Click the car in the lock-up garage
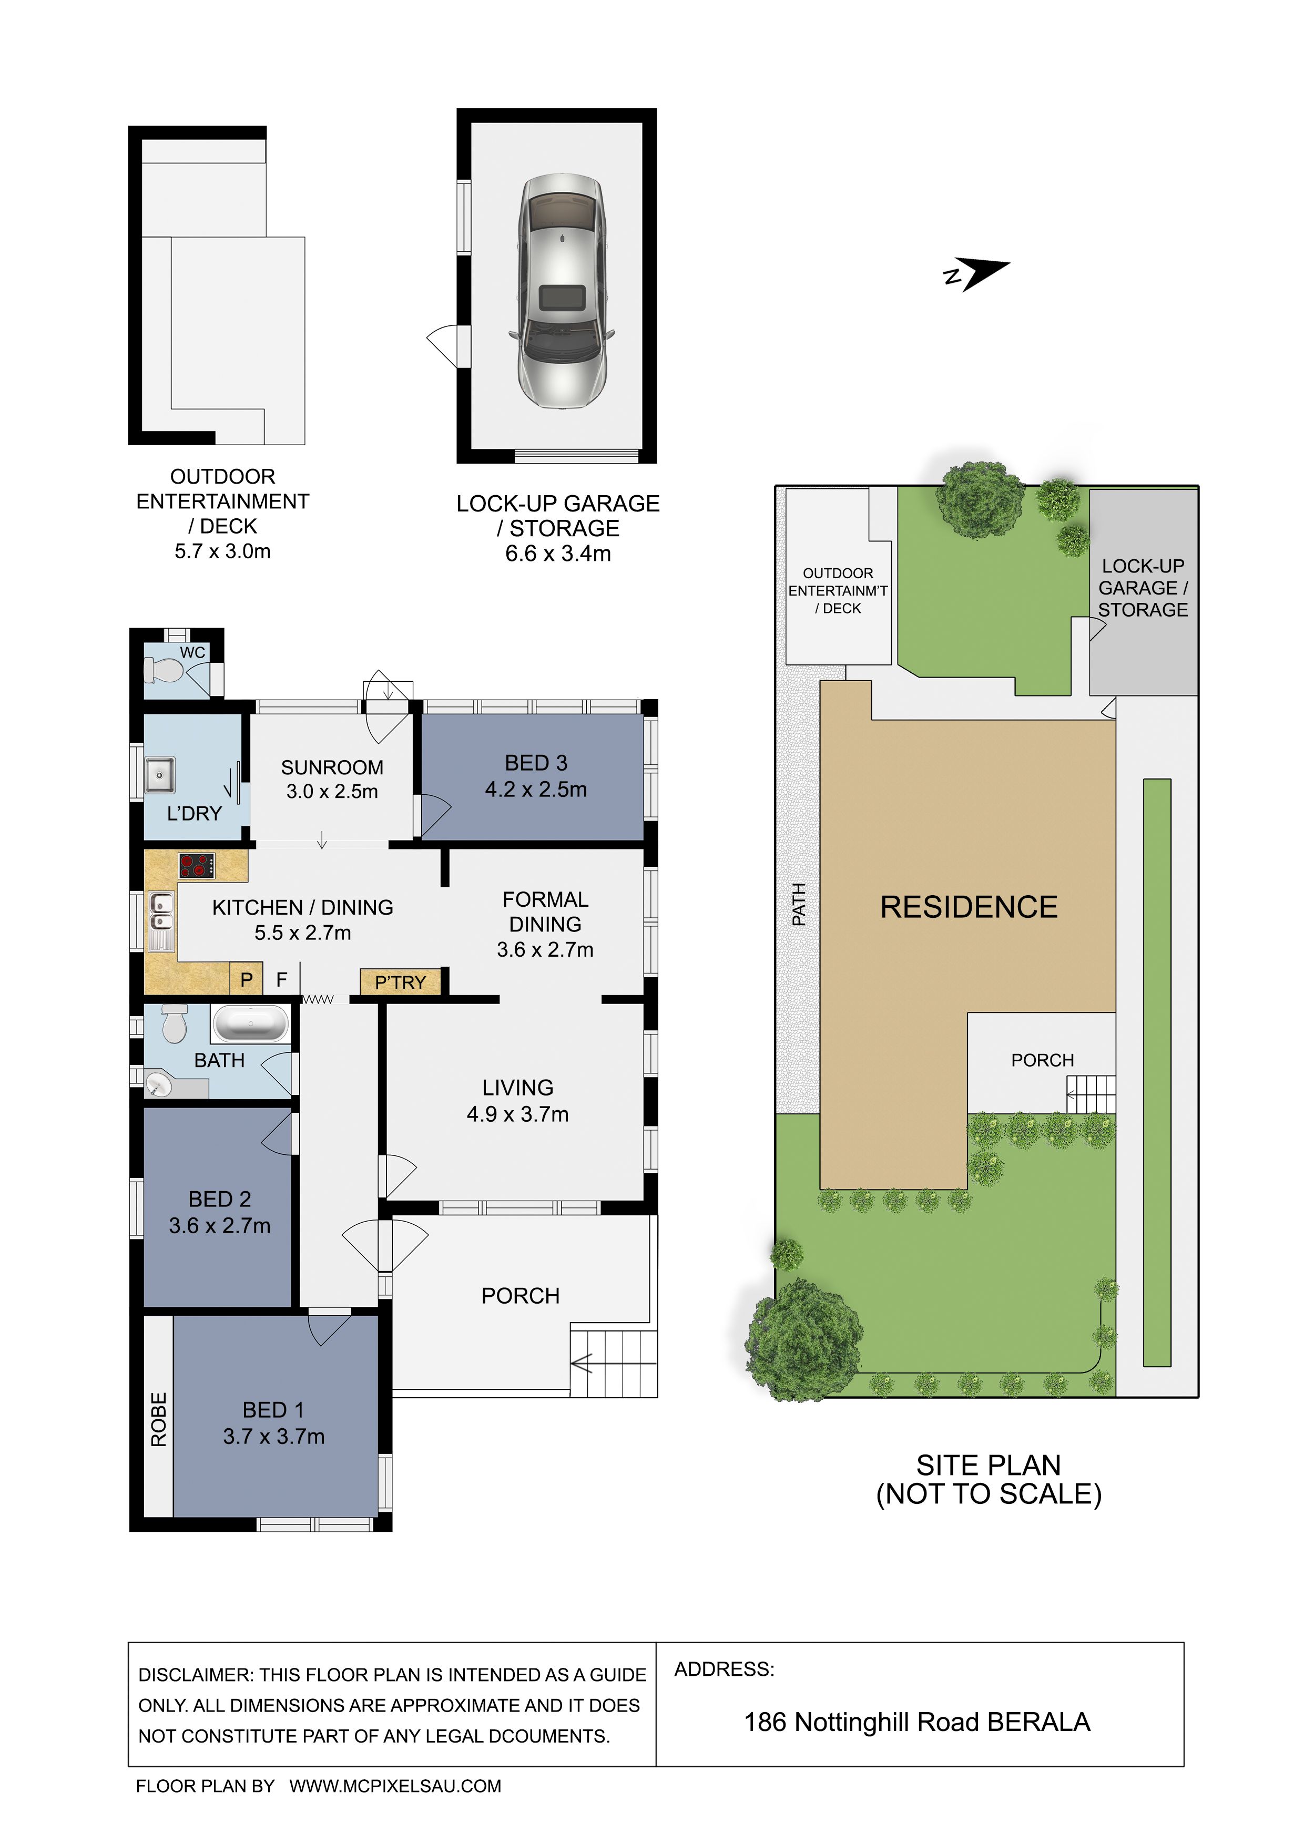[x=562, y=291]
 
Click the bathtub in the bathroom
[x=250, y=1024]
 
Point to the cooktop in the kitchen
[x=197, y=865]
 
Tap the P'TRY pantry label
[x=400, y=982]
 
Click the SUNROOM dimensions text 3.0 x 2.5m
[x=332, y=791]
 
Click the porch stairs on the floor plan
[x=614, y=1363]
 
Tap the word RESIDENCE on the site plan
[x=969, y=907]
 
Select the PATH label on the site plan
[x=799, y=904]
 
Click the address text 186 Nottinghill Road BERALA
[x=918, y=1722]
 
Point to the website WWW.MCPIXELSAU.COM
[x=395, y=1786]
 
